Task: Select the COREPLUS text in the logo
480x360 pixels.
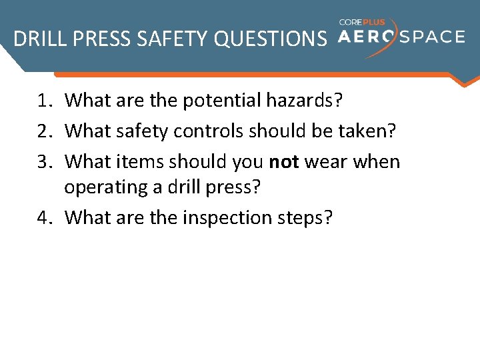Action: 362,21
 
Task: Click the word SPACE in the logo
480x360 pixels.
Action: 430,36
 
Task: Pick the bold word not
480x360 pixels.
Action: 284,162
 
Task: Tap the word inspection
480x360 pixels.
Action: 230,218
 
